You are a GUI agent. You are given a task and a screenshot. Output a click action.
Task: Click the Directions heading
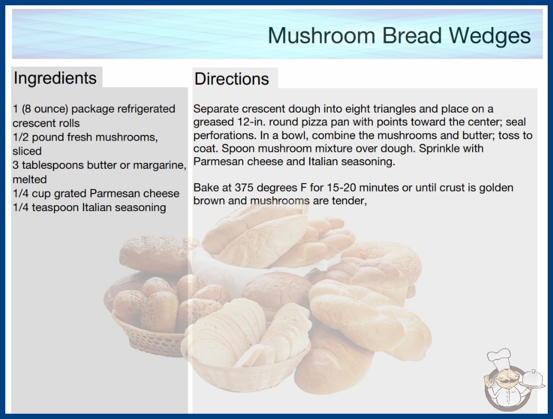(232, 79)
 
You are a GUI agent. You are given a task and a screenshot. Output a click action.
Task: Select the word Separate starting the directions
(216, 110)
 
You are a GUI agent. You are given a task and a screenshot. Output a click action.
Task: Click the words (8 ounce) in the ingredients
(45, 109)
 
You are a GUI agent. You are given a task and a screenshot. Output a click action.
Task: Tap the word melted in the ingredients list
(30, 179)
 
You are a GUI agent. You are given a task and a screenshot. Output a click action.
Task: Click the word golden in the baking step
(496, 187)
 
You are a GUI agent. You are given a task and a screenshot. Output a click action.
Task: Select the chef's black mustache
(504, 381)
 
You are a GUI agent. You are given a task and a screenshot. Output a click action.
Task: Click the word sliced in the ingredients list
(27, 151)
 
